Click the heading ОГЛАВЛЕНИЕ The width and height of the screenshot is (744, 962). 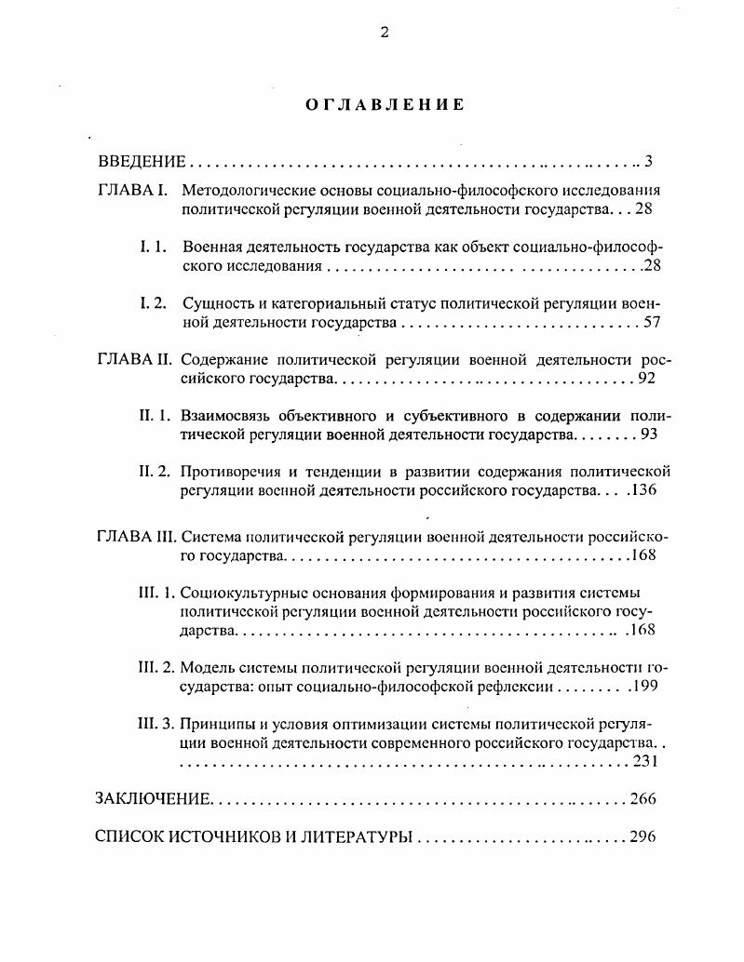click(x=384, y=105)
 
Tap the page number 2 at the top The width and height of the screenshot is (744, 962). click(x=384, y=33)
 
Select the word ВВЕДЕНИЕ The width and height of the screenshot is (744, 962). click(x=142, y=161)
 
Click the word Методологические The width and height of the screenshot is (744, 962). click(x=242, y=192)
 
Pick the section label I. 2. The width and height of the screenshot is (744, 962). click(x=153, y=303)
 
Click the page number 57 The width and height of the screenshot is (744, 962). click(x=651, y=323)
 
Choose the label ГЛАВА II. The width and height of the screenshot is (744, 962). click(x=134, y=359)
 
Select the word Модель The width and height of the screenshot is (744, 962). click(x=206, y=668)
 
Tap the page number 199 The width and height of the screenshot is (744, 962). click(x=645, y=688)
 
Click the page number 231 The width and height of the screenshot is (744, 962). click(x=645, y=762)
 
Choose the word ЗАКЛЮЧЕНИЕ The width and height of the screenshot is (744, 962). click(x=154, y=799)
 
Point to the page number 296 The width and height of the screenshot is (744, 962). click(x=643, y=836)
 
